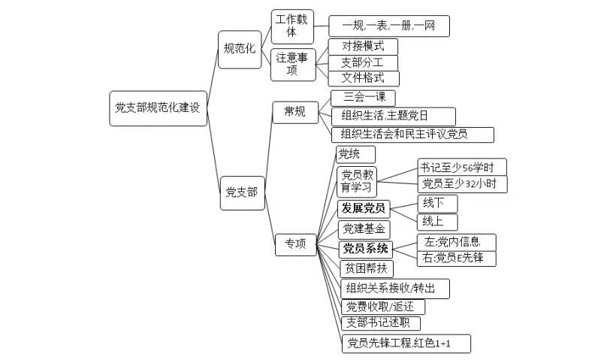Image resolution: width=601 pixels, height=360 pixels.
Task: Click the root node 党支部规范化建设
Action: [x=158, y=107]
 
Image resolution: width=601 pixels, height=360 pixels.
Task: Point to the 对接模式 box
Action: [x=363, y=46]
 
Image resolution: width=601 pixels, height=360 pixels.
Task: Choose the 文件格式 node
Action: [x=363, y=77]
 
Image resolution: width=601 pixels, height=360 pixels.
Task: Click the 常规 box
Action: [x=294, y=112]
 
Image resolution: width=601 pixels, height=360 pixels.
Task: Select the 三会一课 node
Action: [x=363, y=98]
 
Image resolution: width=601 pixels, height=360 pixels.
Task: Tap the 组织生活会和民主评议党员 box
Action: [x=412, y=135]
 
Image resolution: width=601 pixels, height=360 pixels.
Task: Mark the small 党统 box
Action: [x=349, y=155]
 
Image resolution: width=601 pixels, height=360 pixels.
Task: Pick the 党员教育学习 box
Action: [x=357, y=181]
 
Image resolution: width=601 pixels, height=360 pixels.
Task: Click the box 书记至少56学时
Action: [x=462, y=167]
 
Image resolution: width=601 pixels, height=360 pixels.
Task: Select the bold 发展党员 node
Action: [x=363, y=208]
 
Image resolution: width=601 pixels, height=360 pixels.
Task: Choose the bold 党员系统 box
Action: [x=365, y=249]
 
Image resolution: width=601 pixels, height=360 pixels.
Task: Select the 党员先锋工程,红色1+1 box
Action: [x=406, y=344]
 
